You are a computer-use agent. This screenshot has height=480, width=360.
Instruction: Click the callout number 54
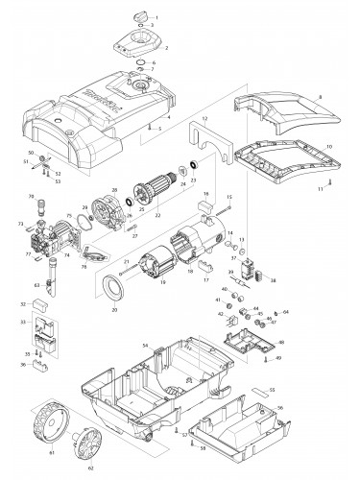tap(145, 344)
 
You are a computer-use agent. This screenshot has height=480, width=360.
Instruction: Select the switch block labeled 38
tap(253, 270)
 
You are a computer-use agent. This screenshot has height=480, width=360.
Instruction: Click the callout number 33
tap(24, 321)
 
